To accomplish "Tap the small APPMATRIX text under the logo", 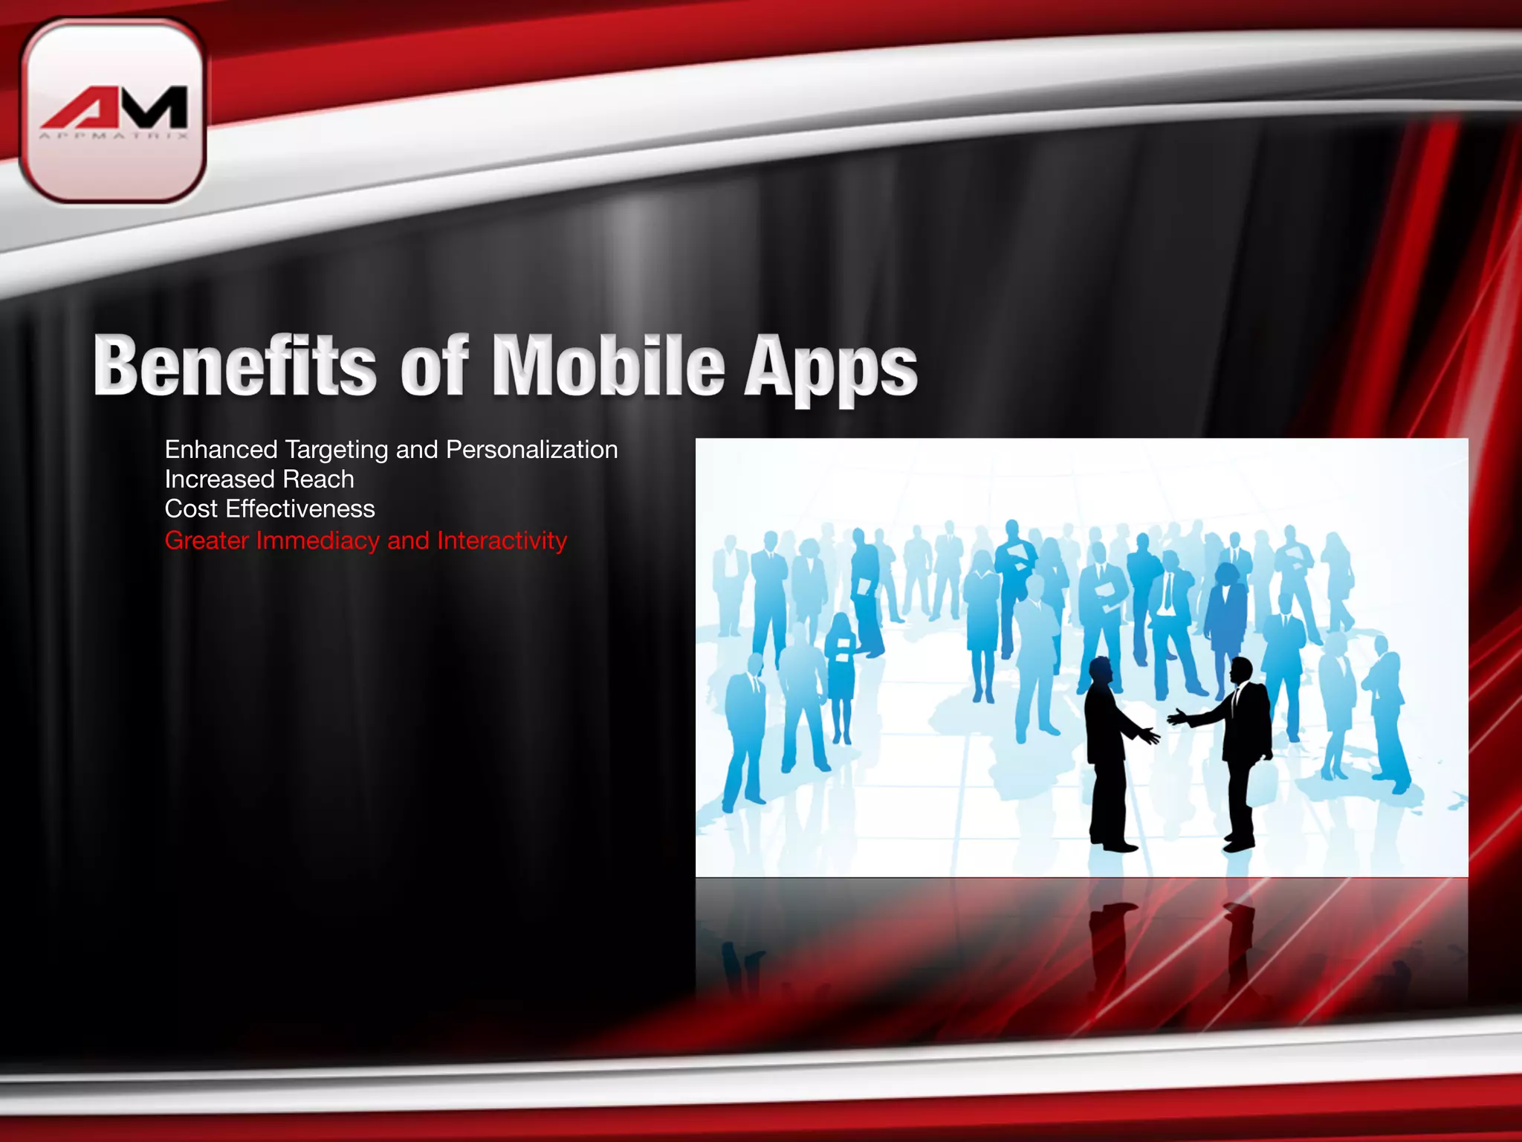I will pyautogui.click(x=114, y=136).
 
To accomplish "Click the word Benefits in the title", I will pyautogui.click(x=235, y=366).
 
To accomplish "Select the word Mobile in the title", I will pyautogui.click(x=608, y=366).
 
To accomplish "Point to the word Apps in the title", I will pyautogui.click(x=830, y=368).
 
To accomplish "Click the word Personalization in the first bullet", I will pyautogui.click(x=531, y=450).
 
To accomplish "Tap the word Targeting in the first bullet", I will pyautogui.click(x=336, y=451).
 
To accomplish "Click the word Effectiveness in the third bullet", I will pyautogui.click(x=300, y=509).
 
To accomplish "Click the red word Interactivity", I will pyautogui.click(x=502, y=541).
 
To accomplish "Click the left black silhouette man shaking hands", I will pyautogui.click(x=1107, y=751).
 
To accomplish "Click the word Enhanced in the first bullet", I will pyautogui.click(x=221, y=450).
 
